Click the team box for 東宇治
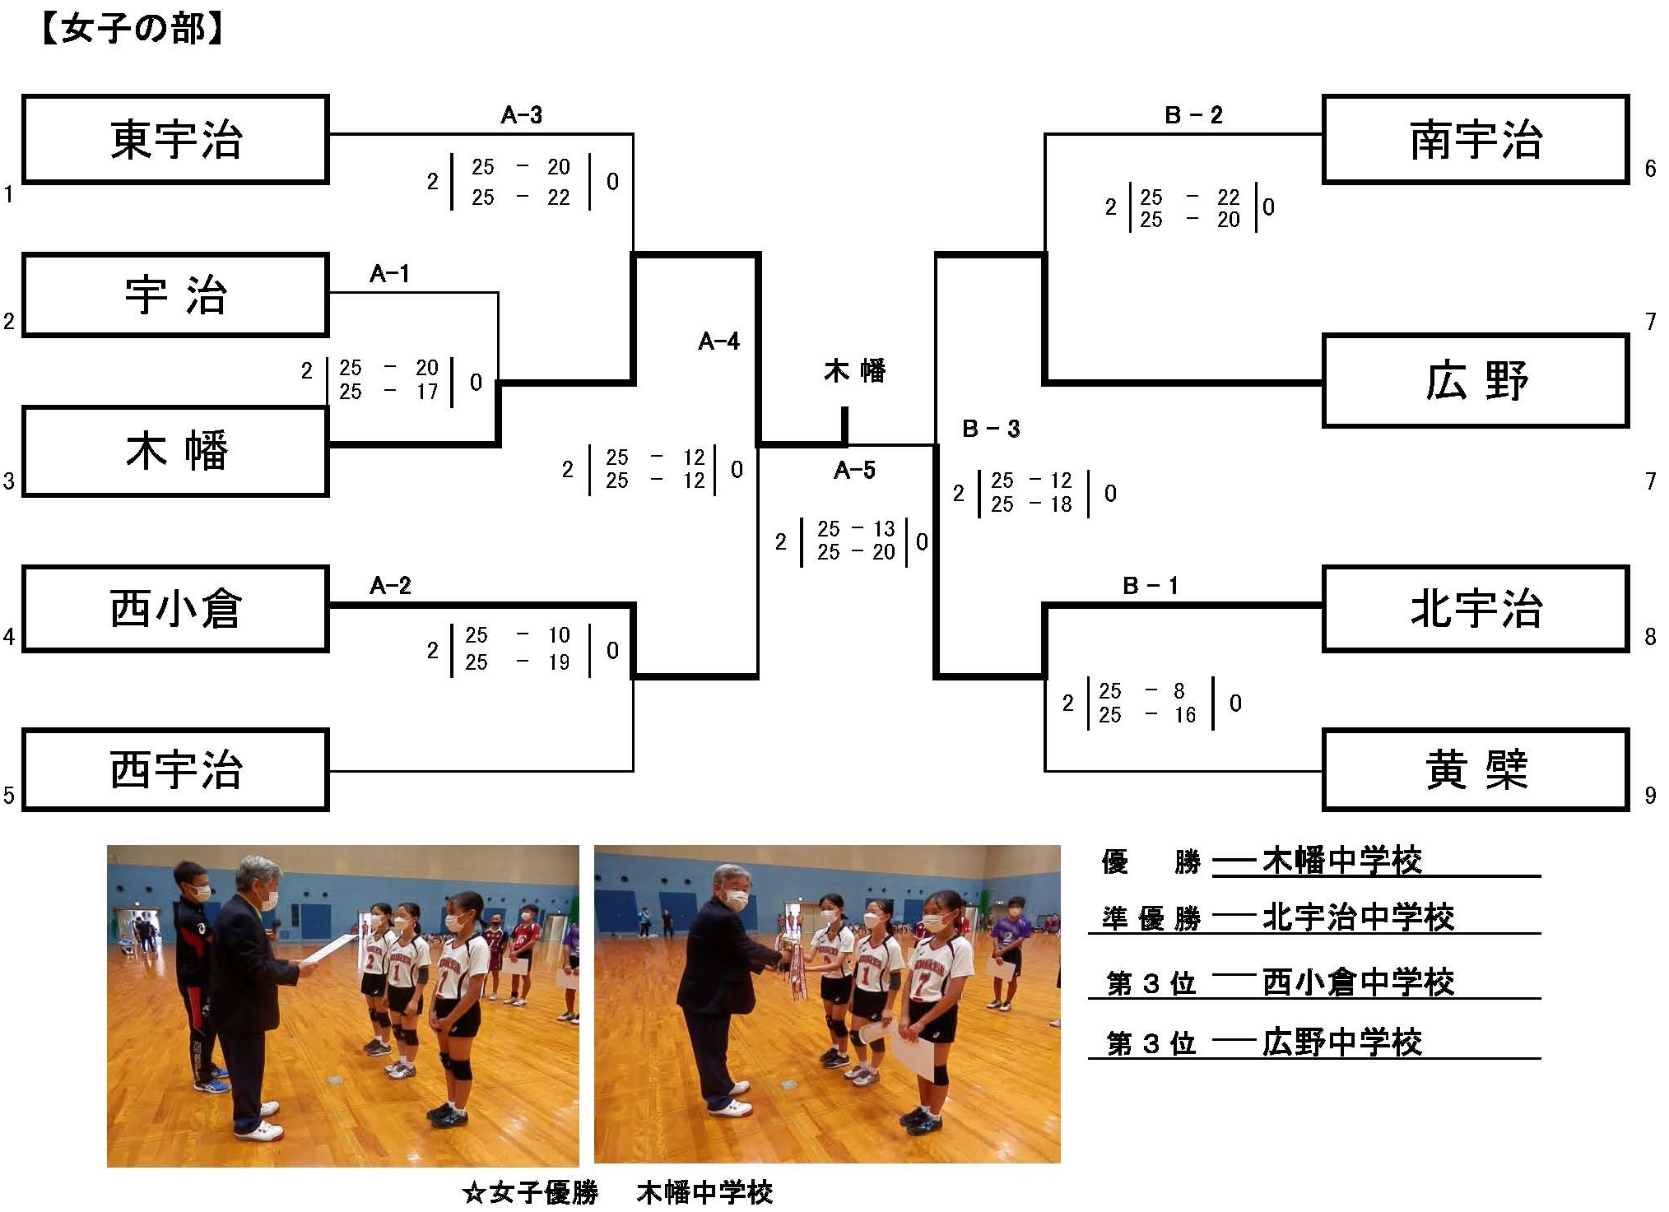(x=175, y=139)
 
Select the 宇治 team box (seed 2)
(x=175, y=295)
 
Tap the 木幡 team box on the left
(x=175, y=452)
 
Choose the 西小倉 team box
(x=175, y=609)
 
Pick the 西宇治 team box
(x=175, y=770)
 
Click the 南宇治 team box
(x=1476, y=139)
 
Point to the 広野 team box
(x=1476, y=381)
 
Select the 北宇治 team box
(x=1476, y=609)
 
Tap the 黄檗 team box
(x=1476, y=770)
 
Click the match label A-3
(x=522, y=115)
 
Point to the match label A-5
(x=854, y=471)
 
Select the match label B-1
(x=1151, y=586)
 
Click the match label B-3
(x=991, y=429)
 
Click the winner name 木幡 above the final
(x=855, y=371)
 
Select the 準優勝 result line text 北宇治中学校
(x=1358, y=917)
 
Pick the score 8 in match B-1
(x=1179, y=691)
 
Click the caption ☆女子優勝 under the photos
(x=530, y=1192)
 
